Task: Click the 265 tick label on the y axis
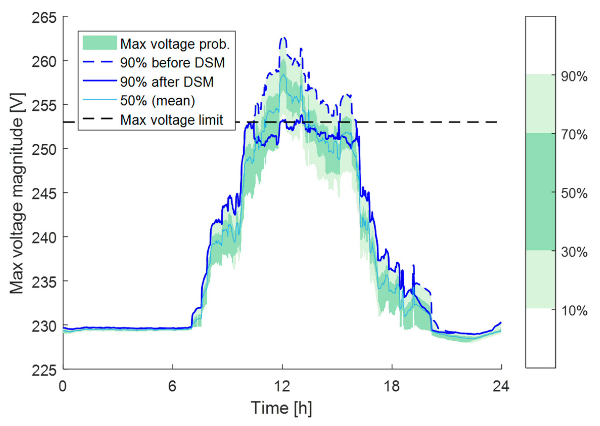pos(44,18)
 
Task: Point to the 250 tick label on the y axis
pos(44,150)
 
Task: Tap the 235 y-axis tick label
pos(44,282)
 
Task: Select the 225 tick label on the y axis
pos(44,371)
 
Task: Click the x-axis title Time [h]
pos(282,408)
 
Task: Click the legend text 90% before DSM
pos(172,63)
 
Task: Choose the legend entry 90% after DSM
pos(167,82)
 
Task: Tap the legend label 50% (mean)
pos(157,101)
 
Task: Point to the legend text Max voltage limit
pos(172,120)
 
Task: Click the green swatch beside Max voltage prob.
pos(100,43)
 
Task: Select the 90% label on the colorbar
pos(574,77)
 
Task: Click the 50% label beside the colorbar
pos(574,194)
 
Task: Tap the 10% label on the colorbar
pos(574,311)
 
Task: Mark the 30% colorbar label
pos(574,252)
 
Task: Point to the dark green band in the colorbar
pos(540,192)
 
